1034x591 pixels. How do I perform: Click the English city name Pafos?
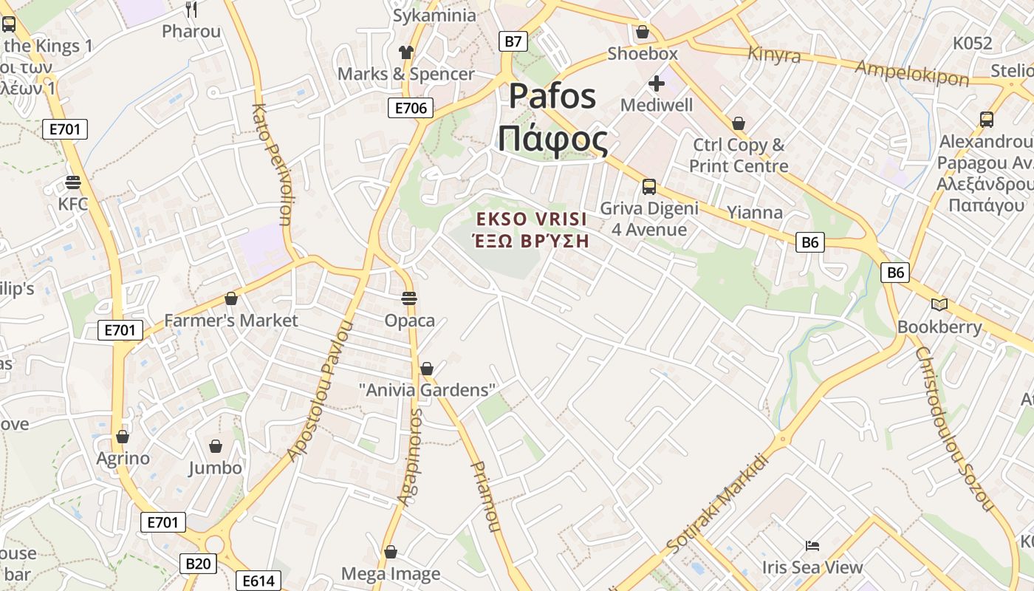coord(552,96)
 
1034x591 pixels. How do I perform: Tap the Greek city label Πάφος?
coord(552,139)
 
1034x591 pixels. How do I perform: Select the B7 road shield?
coord(513,41)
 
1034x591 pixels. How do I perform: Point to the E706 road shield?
coord(411,109)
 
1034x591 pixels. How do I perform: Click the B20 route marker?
coord(198,564)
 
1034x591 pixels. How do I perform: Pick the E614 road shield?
coord(258,581)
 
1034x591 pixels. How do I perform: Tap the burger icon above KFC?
coord(72,182)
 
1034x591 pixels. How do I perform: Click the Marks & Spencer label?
coord(406,74)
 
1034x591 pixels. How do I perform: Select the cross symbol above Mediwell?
coord(656,83)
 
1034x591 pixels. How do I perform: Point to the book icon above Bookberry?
coord(939,304)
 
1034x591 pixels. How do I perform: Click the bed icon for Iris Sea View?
coord(812,546)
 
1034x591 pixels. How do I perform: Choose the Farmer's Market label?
coord(230,321)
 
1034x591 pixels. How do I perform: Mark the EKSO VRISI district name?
coord(532,219)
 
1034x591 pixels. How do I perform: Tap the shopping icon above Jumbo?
coord(215,446)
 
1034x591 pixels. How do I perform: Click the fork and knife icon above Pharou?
coord(191,9)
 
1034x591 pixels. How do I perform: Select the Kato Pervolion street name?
coord(271,164)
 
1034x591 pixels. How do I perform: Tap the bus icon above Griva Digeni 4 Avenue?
coord(649,187)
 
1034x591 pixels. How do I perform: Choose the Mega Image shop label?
coord(391,574)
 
